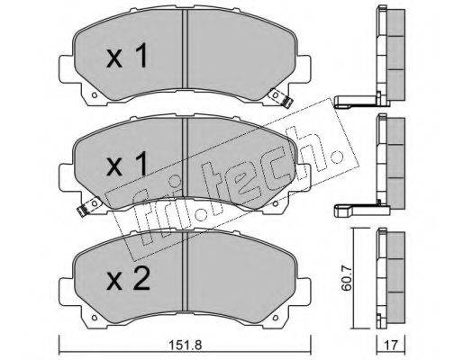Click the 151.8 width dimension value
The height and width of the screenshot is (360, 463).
(x=185, y=345)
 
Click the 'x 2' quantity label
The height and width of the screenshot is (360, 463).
(x=128, y=279)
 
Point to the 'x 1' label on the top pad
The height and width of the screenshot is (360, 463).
(x=127, y=55)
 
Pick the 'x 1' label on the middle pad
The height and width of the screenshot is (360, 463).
(x=127, y=164)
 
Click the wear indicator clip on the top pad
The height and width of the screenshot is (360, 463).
(x=281, y=98)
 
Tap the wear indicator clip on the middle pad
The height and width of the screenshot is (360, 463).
(x=89, y=206)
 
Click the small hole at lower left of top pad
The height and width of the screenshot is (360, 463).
(x=95, y=95)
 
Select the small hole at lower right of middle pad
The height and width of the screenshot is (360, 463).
(x=275, y=203)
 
